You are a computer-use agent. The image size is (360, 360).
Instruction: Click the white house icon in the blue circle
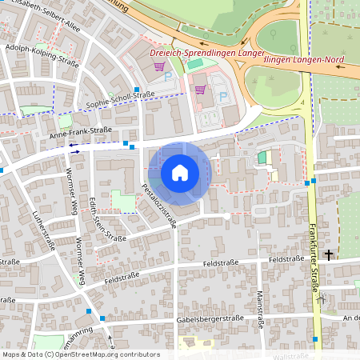point(180,172)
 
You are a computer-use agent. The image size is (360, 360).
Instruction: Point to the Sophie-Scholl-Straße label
point(120,100)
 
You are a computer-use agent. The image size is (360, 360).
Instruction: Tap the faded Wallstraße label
point(291,355)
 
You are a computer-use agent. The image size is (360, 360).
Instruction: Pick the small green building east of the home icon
point(262,158)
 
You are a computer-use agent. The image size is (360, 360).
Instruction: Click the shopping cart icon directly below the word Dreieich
point(159,67)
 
